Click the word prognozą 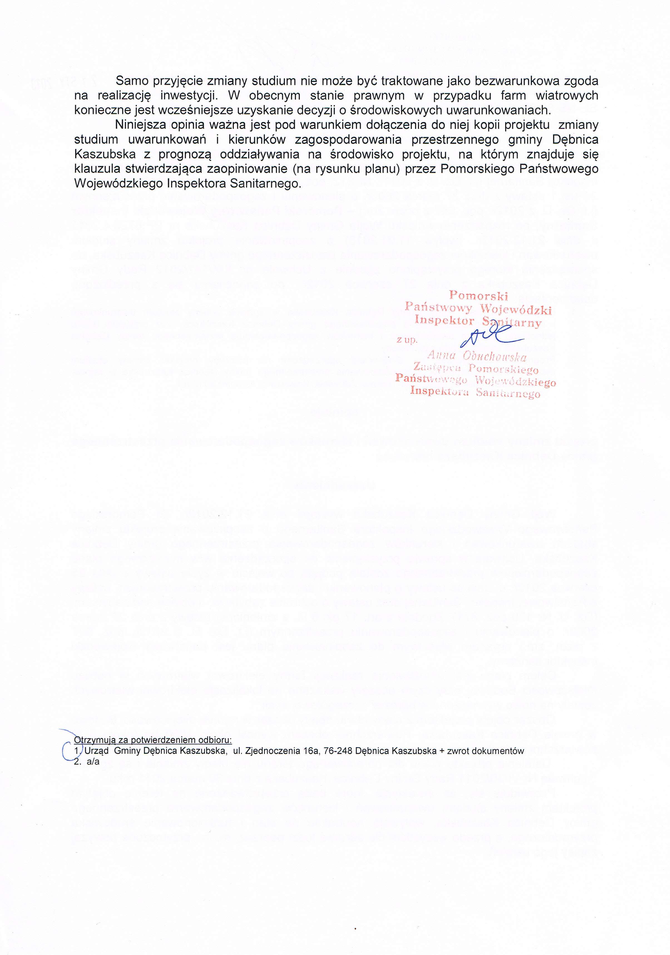point(186,154)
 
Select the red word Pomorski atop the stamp point(479,296)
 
